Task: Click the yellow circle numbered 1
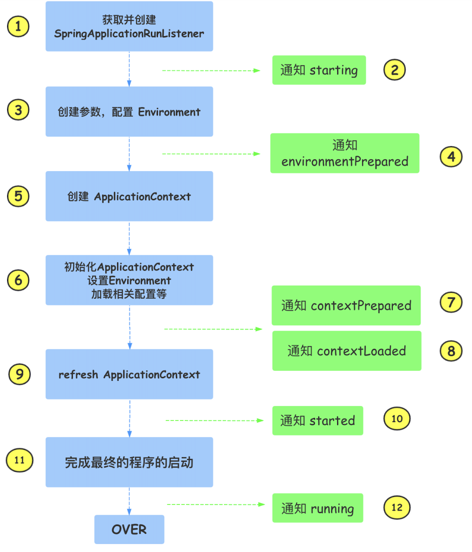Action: coord(18,27)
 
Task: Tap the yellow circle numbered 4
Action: coord(451,157)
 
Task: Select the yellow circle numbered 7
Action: coord(451,302)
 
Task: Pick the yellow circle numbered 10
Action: coord(397,419)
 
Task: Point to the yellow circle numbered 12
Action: coord(397,508)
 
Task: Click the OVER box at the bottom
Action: coord(129,529)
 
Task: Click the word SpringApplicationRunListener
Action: coord(129,34)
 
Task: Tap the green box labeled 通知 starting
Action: coord(319,70)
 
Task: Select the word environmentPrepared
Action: coord(345,162)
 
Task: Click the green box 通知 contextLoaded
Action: coord(346,351)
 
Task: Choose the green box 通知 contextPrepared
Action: coord(346,305)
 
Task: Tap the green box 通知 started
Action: coord(317,420)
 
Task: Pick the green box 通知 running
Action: coord(317,508)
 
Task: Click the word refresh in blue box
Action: coord(78,375)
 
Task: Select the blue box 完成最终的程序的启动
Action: coord(129,462)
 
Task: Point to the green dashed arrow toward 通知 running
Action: coord(215,504)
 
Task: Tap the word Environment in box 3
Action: coord(169,112)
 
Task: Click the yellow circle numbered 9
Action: coord(19,374)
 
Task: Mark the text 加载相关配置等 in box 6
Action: coord(129,294)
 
